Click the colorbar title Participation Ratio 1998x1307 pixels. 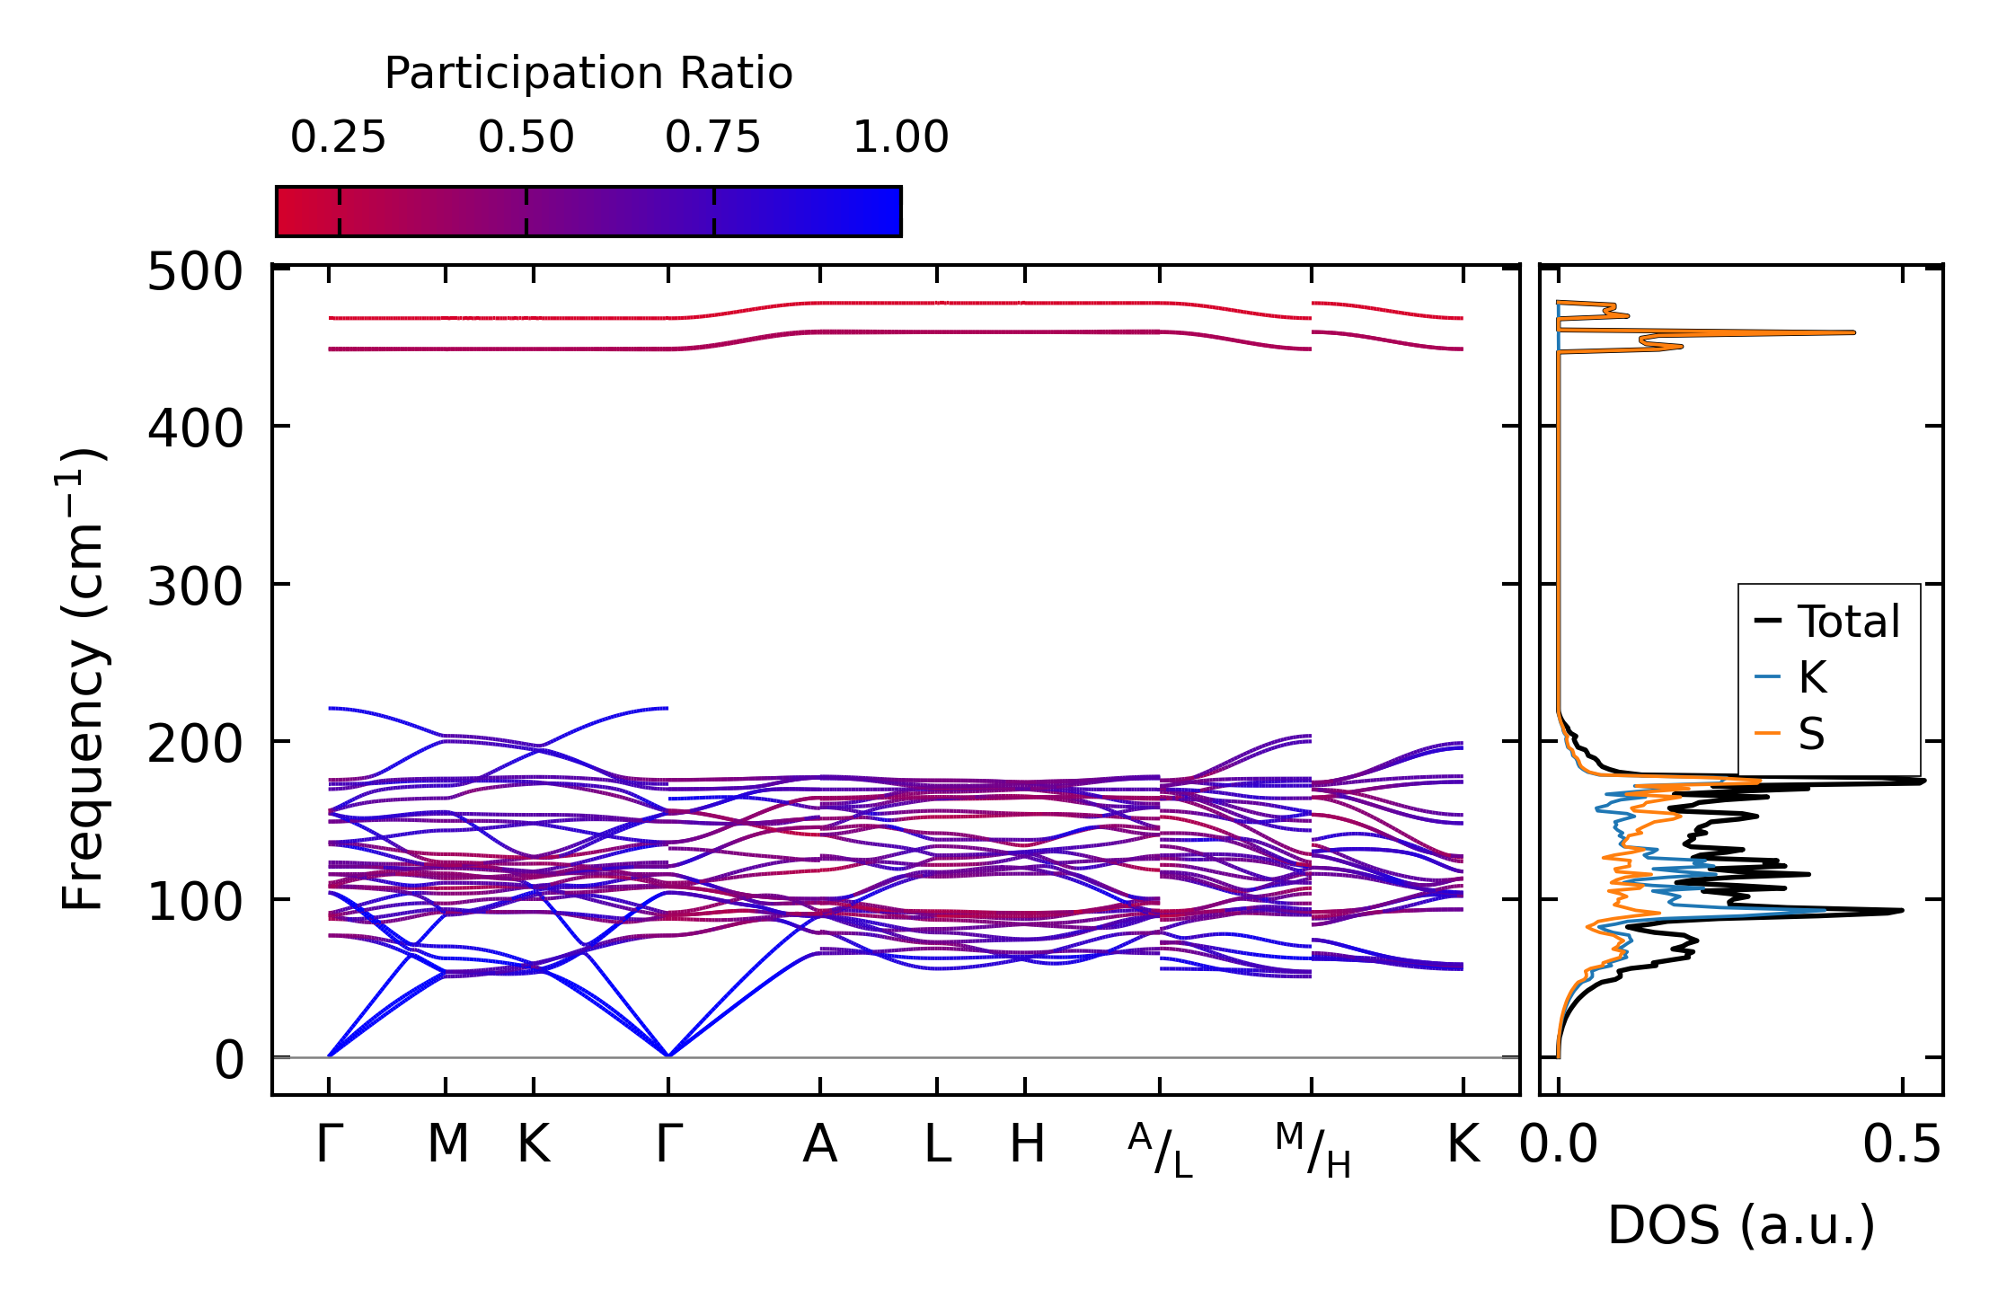pos(588,74)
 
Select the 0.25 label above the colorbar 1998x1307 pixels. pos(338,138)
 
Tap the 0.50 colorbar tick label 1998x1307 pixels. pos(526,138)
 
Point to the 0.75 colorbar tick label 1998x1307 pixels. pos(712,138)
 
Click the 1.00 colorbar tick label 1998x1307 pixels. pos(900,138)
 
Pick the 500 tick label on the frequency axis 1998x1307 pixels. pos(195,272)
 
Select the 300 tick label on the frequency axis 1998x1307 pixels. pos(195,588)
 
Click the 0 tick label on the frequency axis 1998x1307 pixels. pos(229,1061)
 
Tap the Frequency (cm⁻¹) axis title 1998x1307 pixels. pos(83,679)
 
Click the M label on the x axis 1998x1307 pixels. pos(447,1145)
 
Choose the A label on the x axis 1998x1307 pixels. pos(819,1145)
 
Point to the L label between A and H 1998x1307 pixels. pos(937,1145)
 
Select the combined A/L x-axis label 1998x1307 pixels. pos(1160,1150)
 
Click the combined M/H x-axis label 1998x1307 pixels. pos(1313,1150)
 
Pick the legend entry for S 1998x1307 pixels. pos(1811,735)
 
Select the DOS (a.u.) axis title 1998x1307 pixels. pos(1741,1226)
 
